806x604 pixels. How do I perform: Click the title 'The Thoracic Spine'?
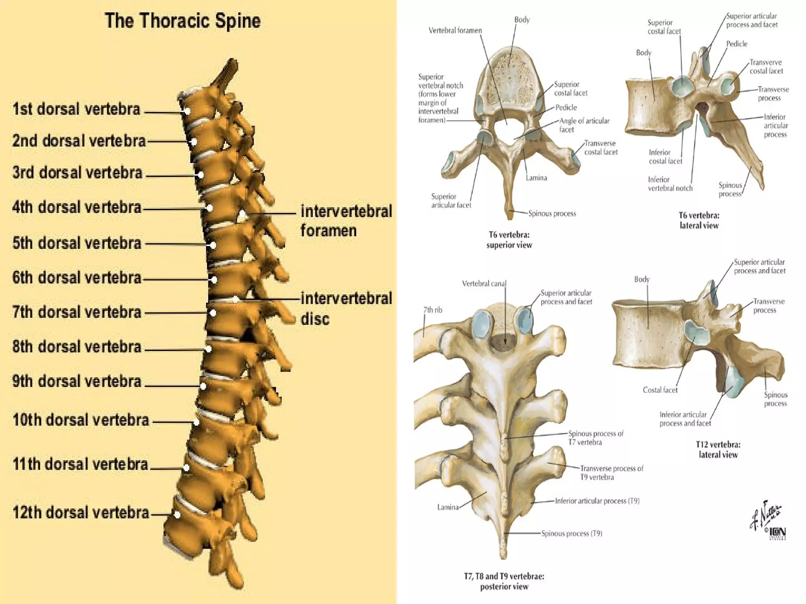tap(183, 20)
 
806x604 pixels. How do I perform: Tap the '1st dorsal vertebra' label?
tap(76, 109)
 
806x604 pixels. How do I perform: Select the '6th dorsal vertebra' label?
tap(77, 278)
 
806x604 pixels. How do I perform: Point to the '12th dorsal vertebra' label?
tap(81, 513)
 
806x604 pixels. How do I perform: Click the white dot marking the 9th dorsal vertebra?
tap(203, 387)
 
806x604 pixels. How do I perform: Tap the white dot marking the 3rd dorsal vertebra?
tap(201, 175)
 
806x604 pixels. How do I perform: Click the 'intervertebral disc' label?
tap(346, 308)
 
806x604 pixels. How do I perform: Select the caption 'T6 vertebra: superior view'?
tap(509, 240)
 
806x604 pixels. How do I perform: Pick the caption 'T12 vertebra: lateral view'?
tap(718, 449)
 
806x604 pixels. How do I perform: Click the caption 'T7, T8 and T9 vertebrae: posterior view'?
tap(504, 582)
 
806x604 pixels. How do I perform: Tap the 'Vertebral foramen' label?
tap(455, 30)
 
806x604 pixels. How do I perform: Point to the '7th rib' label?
tap(433, 310)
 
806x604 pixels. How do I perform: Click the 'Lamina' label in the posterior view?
tap(448, 507)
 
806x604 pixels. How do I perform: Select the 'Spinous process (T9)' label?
tap(571, 534)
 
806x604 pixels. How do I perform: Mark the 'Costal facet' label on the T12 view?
tap(660, 390)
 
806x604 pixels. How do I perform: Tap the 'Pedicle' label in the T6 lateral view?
tap(736, 44)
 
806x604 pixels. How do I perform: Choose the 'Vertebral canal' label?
tap(484, 284)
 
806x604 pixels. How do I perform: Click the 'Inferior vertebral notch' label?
tap(670, 184)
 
